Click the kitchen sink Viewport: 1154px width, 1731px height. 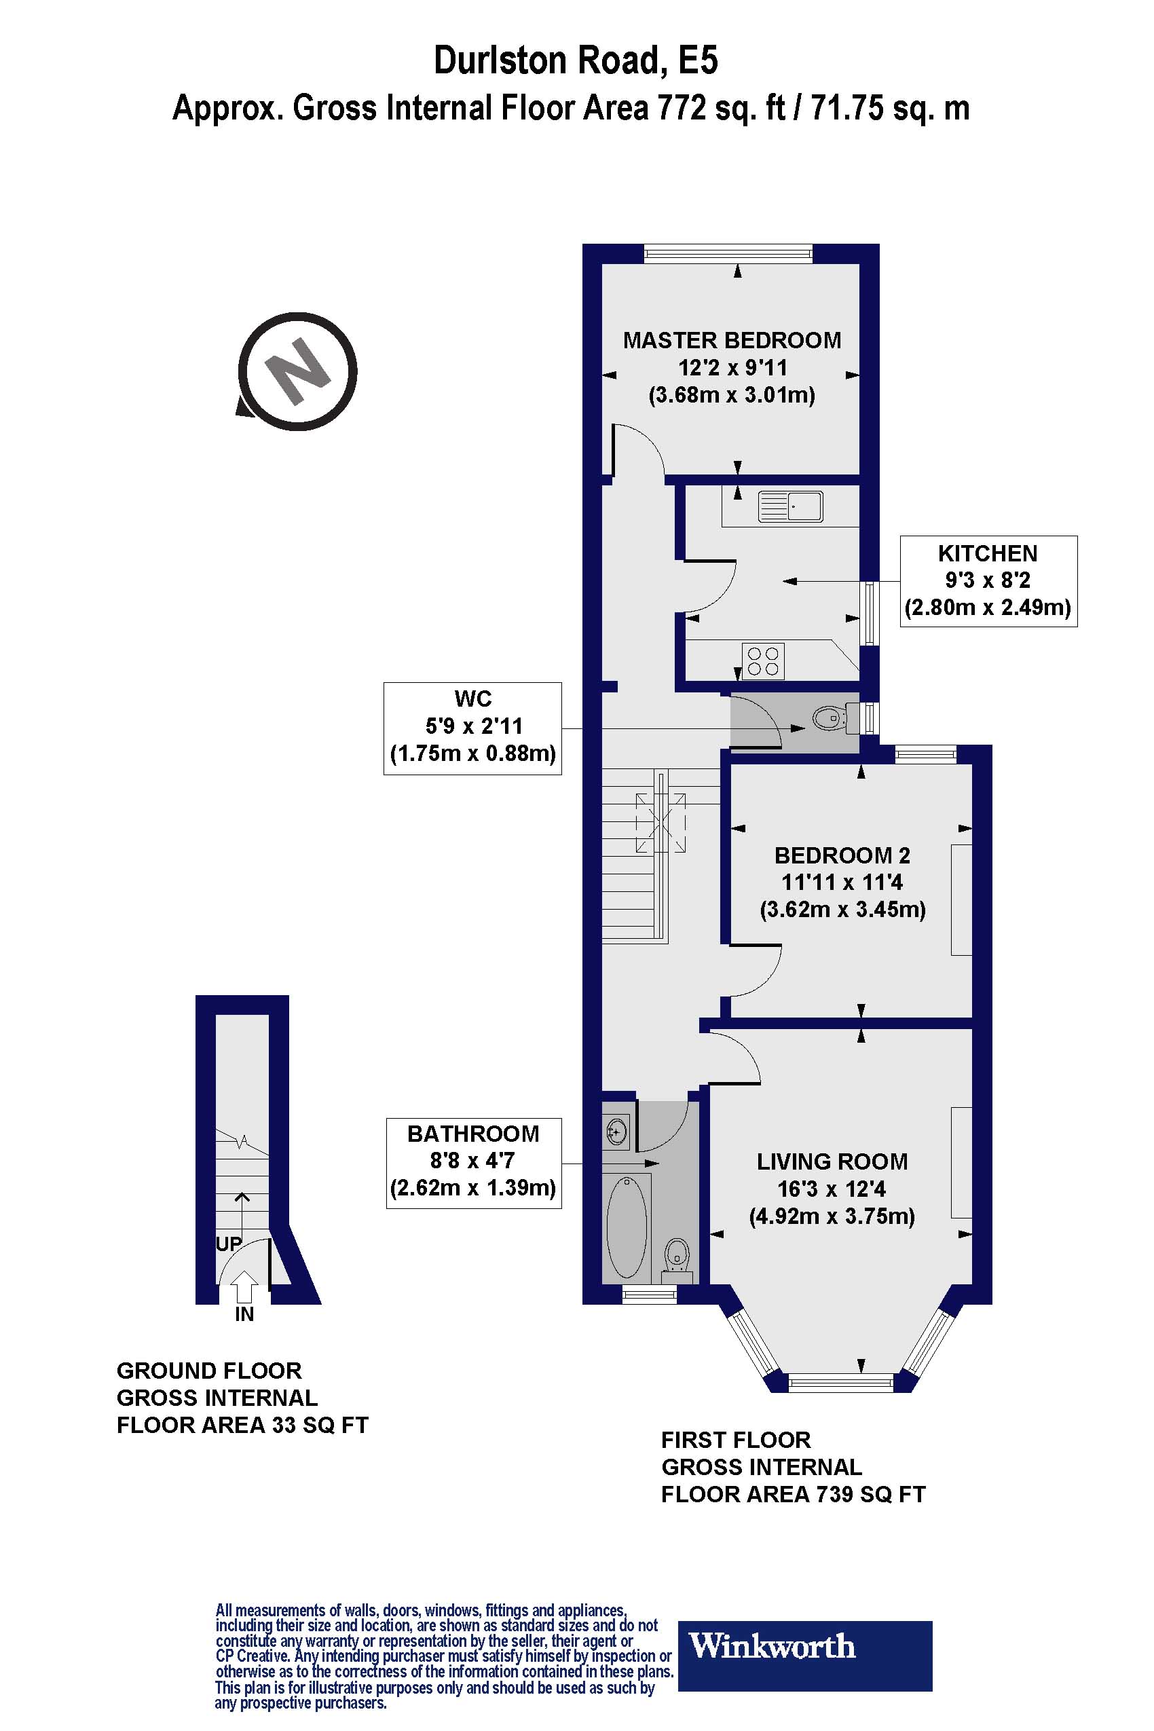pos(789,506)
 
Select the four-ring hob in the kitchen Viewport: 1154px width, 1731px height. pos(763,660)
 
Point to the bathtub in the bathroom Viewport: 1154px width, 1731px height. pos(627,1227)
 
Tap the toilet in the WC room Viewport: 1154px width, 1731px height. pos(831,717)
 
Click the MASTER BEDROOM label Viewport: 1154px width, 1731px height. pos(732,340)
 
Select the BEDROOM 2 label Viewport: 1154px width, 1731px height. pos(842,855)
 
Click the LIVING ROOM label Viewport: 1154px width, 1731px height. pos(832,1161)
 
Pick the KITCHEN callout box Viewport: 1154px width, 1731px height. pos(988,580)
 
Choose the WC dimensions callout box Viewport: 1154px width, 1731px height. pos(472,727)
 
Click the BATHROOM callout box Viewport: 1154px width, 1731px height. pos(473,1163)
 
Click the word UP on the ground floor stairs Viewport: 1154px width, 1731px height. pos(228,1243)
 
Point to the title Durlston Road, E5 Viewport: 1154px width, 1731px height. pos(576,60)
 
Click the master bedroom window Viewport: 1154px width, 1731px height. pos(728,254)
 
